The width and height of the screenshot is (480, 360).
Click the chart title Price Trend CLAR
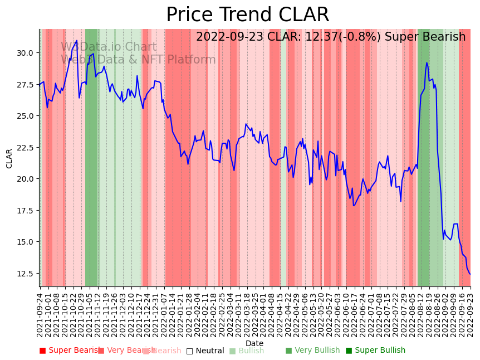tap(247, 15)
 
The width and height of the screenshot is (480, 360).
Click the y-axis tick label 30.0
tap(25, 53)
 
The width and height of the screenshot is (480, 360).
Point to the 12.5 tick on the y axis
tap(25, 274)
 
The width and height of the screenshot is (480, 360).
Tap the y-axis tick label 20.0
tap(25, 179)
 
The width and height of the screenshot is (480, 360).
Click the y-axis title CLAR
tap(9, 158)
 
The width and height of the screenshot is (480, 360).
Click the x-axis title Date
tap(254, 343)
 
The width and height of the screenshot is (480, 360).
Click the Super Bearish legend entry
tap(71, 351)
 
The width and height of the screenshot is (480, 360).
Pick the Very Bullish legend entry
tap(312, 351)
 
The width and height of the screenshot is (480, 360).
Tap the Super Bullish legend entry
tap(375, 351)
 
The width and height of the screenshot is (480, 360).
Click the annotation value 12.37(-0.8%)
tap(336, 37)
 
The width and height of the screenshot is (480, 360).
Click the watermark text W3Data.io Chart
tap(109, 47)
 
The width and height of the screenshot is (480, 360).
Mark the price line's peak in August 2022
tap(427, 62)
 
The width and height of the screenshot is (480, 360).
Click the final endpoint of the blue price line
tap(470, 274)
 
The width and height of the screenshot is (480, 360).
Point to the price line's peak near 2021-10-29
tap(77, 41)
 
